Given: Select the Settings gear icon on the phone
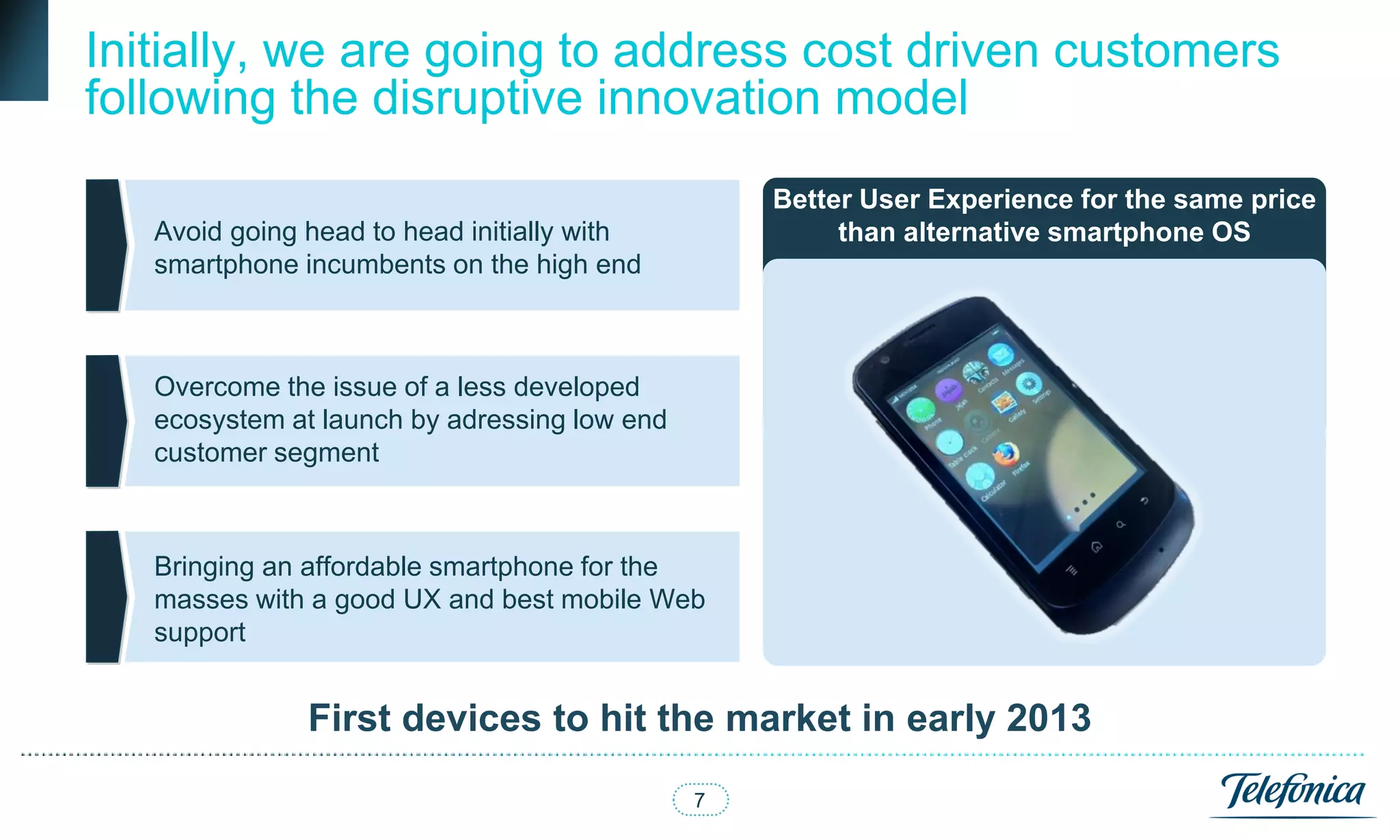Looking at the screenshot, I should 1028,384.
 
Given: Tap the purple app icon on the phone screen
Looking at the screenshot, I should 949,391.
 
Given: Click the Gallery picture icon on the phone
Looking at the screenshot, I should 1003,402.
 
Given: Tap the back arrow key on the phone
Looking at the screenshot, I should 1144,501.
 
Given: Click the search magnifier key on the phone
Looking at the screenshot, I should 1120,525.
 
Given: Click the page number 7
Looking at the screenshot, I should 699,800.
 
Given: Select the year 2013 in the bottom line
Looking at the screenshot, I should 1049,718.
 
